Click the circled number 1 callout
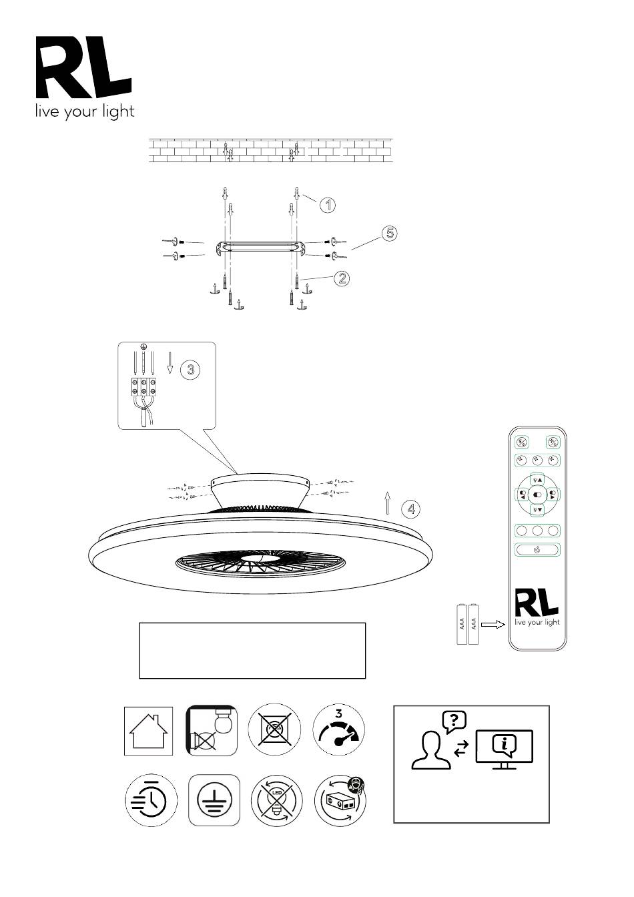(328, 205)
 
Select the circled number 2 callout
(342, 278)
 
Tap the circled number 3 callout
(191, 369)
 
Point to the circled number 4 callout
(411, 509)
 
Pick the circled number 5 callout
(390, 233)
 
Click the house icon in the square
(149, 731)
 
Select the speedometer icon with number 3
(339, 731)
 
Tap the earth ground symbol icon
(214, 800)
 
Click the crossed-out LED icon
(277, 800)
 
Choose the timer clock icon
(151, 800)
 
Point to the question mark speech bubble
(454, 721)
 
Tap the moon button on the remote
(537, 550)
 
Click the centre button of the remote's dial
(537, 495)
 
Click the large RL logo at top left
(84, 67)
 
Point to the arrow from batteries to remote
(493, 624)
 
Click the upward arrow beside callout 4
(387, 503)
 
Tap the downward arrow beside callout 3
(170, 363)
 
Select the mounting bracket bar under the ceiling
(261, 247)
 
